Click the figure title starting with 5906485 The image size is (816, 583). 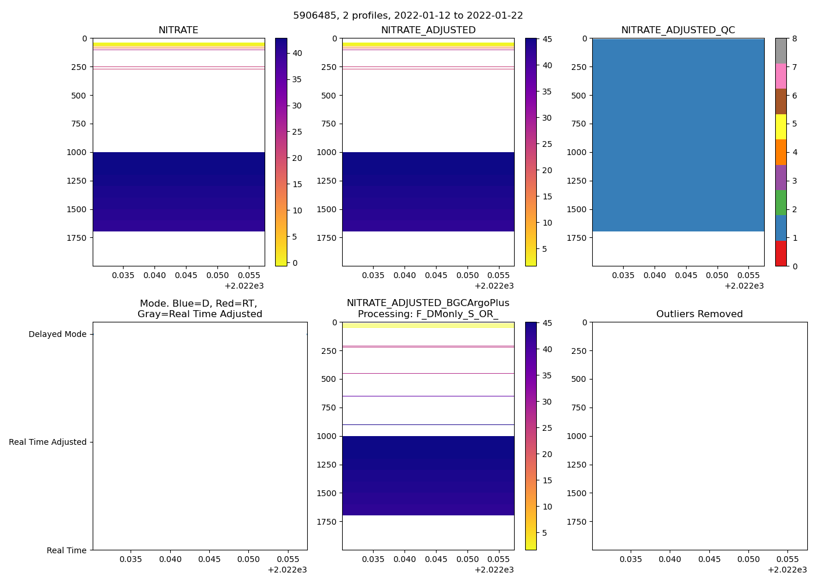[408, 16]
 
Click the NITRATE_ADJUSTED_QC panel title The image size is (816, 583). [678, 30]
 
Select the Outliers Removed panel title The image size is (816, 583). [699, 314]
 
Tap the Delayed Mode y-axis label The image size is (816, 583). [57, 335]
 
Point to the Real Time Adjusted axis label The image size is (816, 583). [48, 442]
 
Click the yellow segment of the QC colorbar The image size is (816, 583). [780, 127]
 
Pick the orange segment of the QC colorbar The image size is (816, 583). [780, 152]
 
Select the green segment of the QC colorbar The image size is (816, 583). [780, 203]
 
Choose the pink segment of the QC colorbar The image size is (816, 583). [780, 76]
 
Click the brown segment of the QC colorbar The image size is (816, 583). [780, 101]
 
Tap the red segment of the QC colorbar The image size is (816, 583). [780, 254]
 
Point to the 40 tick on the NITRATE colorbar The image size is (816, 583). [297, 53]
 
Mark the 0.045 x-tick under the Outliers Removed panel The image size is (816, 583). [709, 560]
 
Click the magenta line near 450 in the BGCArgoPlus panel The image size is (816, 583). [428, 373]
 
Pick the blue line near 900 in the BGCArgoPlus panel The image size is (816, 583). [428, 425]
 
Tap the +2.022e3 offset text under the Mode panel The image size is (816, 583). [287, 570]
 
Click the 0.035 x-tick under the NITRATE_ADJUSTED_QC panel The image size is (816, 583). [623, 276]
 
